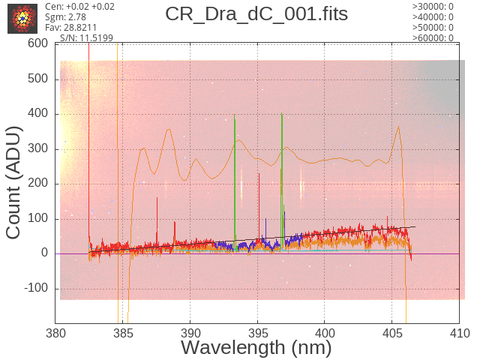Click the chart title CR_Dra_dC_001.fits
pyautogui.click(x=256, y=14)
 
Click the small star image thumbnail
pyautogui.click(x=22, y=19)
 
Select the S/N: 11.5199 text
pyautogui.click(x=87, y=38)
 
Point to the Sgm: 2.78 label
pyautogui.click(x=65, y=17)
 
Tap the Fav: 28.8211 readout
pyautogui.click(x=70, y=28)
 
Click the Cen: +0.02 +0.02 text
pyautogui.click(x=79, y=7)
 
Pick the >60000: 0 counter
pyautogui.click(x=433, y=38)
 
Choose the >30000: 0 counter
pyautogui.click(x=433, y=7)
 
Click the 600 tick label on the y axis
pyautogui.click(x=38, y=43)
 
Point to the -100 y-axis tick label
pyautogui.click(x=36, y=288)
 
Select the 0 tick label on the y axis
pyautogui.click(x=45, y=253)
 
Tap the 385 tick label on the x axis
pyautogui.click(x=123, y=333)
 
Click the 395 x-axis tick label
pyautogui.click(x=258, y=333)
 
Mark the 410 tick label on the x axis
pyautogui.click(x=460, y=333)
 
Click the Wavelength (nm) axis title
pyautogui.click(x=256, y=348)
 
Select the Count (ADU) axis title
pyautogui.click(x=13, y=183)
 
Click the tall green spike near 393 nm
pyautogui.click(x=235, y=181)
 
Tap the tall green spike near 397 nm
pyautogui.click(x=282, y=181)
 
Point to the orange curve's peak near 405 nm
pyautogui.click(x=398, y=127)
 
